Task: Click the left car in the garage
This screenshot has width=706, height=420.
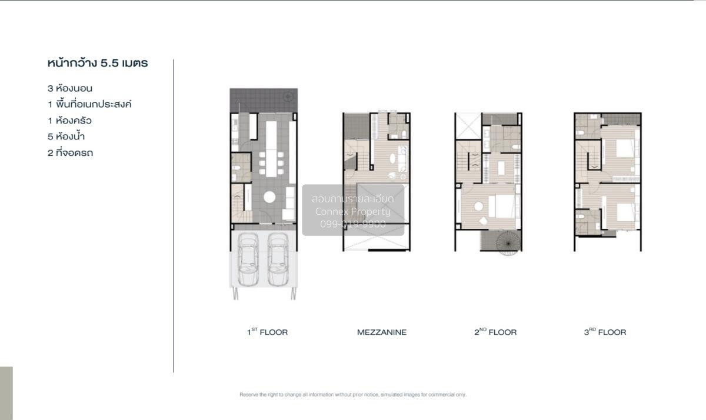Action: (x=248, y=259)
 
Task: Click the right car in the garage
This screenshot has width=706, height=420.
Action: (x=278, y=259)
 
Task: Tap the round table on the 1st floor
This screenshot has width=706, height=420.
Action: (x=269, y=197)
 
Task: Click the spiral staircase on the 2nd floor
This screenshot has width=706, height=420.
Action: (x=508, y=243)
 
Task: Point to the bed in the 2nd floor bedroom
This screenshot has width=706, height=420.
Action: (x=502, y=206)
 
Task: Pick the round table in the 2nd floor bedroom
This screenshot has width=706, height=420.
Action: (x=478, y=206)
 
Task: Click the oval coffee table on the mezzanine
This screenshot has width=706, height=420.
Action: (x=392, y=158)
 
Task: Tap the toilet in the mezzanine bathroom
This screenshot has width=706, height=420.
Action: (x=404, y=135)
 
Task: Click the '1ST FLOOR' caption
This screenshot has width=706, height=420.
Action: (x=267, y=332)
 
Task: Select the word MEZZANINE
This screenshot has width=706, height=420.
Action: (x=382, y=332)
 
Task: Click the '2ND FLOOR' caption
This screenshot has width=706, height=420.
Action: (x=495, y=332)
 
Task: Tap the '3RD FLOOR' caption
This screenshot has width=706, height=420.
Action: (x=605, y=332)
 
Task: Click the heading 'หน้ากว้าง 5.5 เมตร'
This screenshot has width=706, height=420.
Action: (x=98, y=63)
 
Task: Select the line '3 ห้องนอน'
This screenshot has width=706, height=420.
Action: (x=70, y=89)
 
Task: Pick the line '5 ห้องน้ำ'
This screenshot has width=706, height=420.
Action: (x=66, y=136)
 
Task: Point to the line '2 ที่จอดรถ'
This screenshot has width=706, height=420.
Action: (x=70, y=153)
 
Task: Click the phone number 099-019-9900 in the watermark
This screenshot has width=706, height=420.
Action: (x=352, y=224)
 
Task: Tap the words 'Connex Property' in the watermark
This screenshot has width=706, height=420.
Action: (x=352, y=211)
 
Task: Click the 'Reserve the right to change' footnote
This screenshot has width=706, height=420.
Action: (x=352, y=395)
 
